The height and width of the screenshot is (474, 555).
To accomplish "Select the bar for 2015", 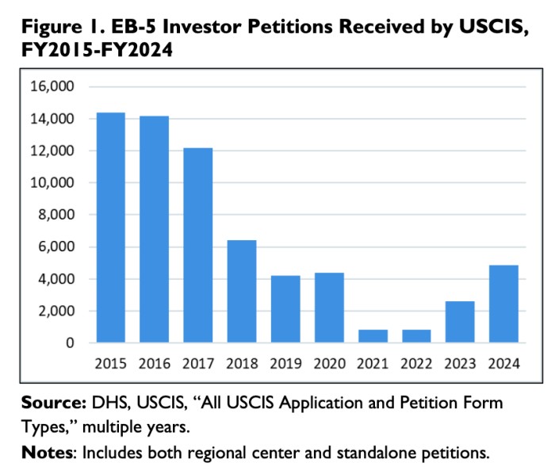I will click(110, 227).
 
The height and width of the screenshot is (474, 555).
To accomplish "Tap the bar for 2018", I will click(242, 292).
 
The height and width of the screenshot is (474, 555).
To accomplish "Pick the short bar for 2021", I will click(373, 336).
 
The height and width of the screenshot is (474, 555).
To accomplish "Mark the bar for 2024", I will click(503, 304).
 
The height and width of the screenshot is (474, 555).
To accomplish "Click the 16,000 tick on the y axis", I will click(52, 86).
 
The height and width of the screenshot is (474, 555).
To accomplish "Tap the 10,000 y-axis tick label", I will click(52, 183).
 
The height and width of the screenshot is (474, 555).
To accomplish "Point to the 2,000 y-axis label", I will click(55, 312).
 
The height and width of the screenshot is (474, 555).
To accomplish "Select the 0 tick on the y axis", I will click(70, 343).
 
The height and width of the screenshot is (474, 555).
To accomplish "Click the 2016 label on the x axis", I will click(154, 365).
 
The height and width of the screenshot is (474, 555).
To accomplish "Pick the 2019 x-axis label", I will click(285, 365).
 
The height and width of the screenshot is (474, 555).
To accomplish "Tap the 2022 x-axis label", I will click(416, 365).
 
